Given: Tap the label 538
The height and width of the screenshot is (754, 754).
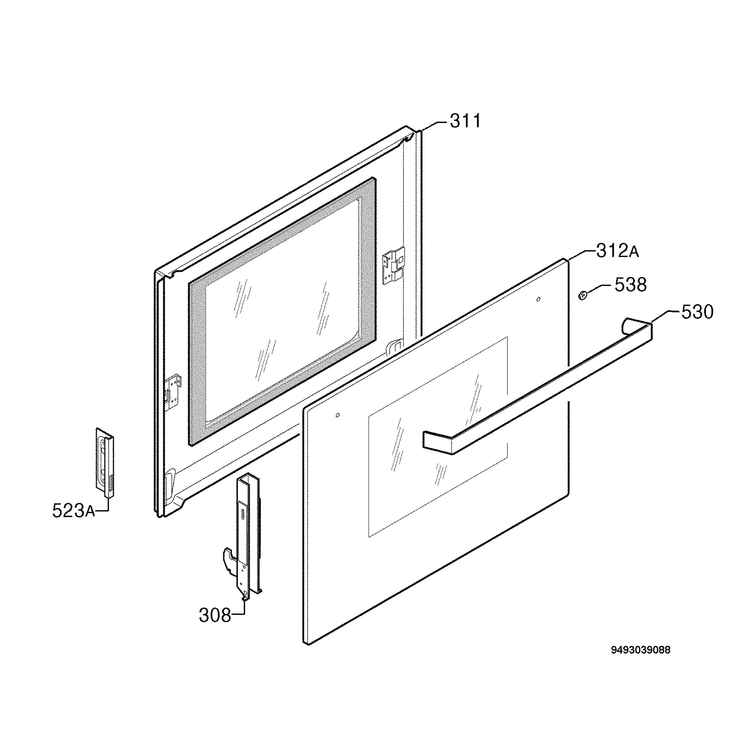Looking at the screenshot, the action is (x=631, y=285).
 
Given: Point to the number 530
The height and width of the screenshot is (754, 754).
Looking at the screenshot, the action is (x=697, y=312).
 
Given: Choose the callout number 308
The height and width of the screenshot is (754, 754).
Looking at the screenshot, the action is (x=215, y=615).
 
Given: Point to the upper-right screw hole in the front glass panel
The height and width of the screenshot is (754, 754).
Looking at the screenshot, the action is (x=538, y=299).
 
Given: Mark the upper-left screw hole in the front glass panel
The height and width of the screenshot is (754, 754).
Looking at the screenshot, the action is (x=338, y=414).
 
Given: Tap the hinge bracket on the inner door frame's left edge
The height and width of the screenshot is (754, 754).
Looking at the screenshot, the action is (x=173, y=392).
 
